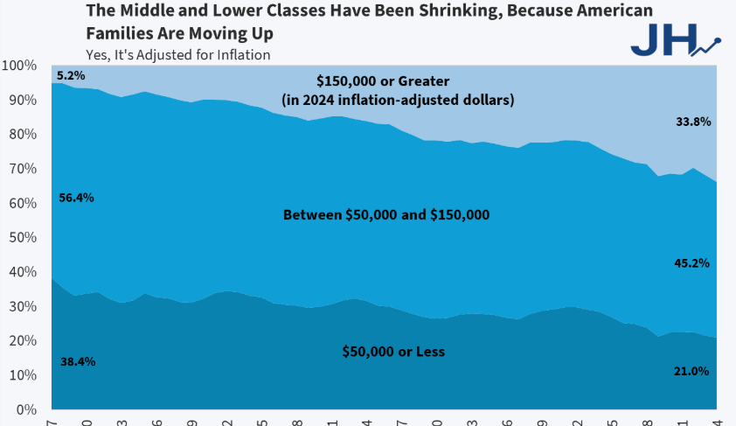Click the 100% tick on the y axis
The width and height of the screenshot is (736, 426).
[x=18, y=66]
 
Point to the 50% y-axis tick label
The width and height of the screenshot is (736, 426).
[x=21, y=237]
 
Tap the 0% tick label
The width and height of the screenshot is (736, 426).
[x=24, y=409]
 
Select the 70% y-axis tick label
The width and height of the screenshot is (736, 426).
[x=21, y=169]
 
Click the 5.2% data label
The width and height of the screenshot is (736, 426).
[x=70, y=76]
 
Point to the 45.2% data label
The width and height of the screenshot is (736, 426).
[x=691, y=262]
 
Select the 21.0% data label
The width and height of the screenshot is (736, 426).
[x=691, y=371]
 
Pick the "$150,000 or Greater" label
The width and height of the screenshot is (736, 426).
[x=397, y=80]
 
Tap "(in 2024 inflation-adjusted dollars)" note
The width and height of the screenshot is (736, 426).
[x=398, y=100]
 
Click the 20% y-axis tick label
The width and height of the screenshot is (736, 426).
[x=21, y=340]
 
